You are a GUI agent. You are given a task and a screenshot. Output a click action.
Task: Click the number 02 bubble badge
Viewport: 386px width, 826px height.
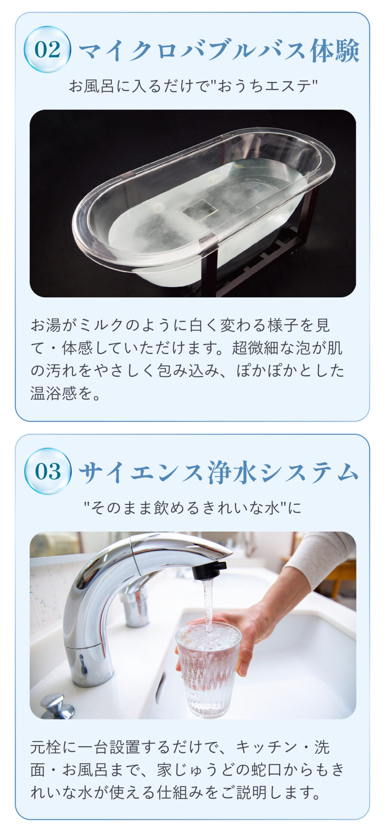click(x=47, y=49)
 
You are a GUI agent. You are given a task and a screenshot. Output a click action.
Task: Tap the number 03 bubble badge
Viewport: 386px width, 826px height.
click(x=47, y=471)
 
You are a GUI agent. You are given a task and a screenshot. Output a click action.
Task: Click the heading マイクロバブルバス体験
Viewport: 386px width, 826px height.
click(x=219, y=51)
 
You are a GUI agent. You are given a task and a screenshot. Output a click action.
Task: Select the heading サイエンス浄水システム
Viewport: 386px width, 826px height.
click(x=219, y=472)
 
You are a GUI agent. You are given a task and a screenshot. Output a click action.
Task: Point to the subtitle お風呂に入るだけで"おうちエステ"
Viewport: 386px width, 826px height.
click(x=193, y=86)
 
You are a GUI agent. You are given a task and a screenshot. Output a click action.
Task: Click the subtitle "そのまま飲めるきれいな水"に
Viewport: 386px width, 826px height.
click(x=193, y=508)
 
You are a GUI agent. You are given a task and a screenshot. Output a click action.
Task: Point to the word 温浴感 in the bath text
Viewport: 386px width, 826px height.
click(x=53, y=393)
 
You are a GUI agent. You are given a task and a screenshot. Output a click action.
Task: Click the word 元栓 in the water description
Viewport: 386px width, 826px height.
click(x=46, y=748)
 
